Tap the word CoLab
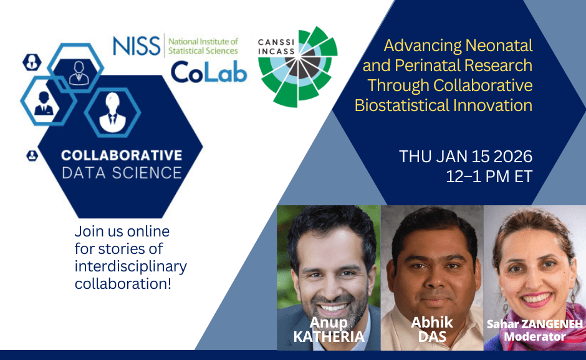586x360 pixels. pyautogui.click(x=209, y=72)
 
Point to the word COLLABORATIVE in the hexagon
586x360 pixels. pyautogui.click(x=122, y=155)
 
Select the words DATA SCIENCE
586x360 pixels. pyautogui.click(x=122, y=172)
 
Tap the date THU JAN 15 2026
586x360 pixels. pyautogui.click(x=466, y=156)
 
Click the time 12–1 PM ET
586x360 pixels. pyautogui.click(x=489, y=176)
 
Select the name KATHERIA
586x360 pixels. pyautogui.click(x=329, y=338)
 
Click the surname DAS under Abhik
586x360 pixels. pyautogui.click(x=431, y=337)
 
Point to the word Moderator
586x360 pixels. pyautogui.click(x=534, y=337)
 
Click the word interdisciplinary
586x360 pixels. pyautogui.click(x=130, y=266)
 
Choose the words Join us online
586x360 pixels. pyautogui.click(x=122, y=232)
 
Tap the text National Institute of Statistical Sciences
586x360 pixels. pyautogui.click(x=203, y=46)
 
